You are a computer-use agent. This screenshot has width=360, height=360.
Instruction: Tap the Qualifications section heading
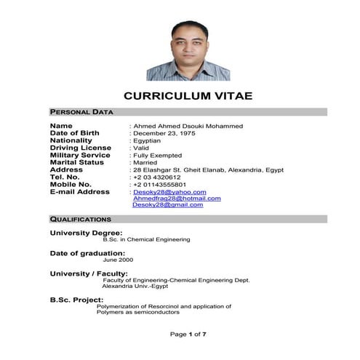[x=80, y=219]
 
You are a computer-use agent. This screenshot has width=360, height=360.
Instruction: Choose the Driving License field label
[x=80, y=148]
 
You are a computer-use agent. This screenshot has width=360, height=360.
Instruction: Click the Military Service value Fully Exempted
[x=157, y=155]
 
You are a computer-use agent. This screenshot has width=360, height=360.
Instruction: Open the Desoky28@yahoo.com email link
[x=169, y=192]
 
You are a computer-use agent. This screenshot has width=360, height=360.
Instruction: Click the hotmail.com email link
[x=177, y=198]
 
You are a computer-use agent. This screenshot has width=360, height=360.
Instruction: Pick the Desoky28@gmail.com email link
[x=168, y=204]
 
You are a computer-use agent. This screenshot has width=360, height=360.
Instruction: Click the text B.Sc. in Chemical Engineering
[x=146, y=239]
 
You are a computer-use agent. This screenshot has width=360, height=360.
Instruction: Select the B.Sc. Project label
[x=76, y=300]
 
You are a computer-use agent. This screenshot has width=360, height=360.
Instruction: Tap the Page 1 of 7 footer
[x=188, y=334]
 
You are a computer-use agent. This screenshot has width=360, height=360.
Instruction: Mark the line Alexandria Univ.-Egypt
[x=134, y=286]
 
